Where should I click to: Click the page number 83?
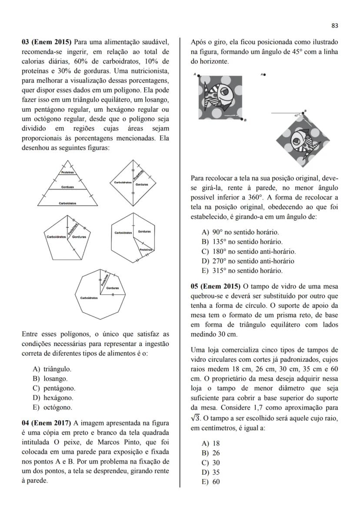[x=334, y=26]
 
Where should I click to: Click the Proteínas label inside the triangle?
[x=67, y=173]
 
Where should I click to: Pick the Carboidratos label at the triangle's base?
[x=67, y=203]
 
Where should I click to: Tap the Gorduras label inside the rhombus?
[x=142, y=185]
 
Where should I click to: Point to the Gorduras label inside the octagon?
[x=113, y=288]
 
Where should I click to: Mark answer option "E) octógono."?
[x=52, y=407]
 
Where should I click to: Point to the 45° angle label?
[x=297, y=116]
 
